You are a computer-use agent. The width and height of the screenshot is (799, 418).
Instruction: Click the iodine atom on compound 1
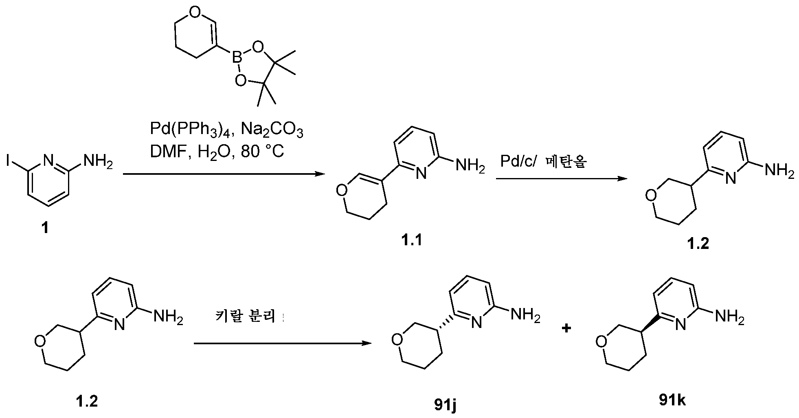click(9, 161)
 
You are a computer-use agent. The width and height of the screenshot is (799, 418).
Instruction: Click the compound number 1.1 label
click(411, 240)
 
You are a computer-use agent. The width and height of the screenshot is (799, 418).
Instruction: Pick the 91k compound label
click(672, 400)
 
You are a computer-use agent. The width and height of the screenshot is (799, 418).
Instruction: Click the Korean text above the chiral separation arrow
click(246, 317)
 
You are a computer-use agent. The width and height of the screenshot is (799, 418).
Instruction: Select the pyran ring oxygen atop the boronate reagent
click(195, 13)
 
